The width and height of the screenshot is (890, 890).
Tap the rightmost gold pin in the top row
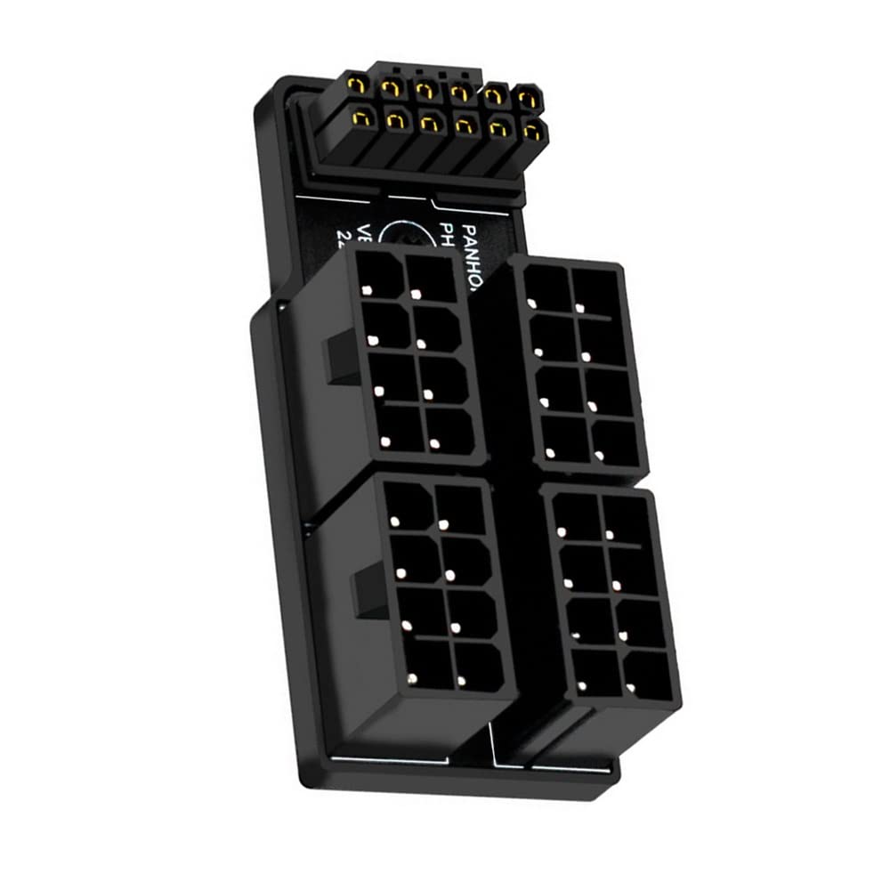529,96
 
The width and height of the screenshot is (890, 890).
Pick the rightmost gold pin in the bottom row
532,131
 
